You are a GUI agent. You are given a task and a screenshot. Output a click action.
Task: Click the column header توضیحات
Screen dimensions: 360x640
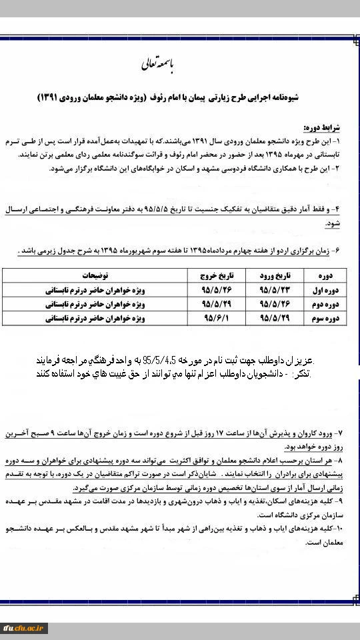tap(96, 275)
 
